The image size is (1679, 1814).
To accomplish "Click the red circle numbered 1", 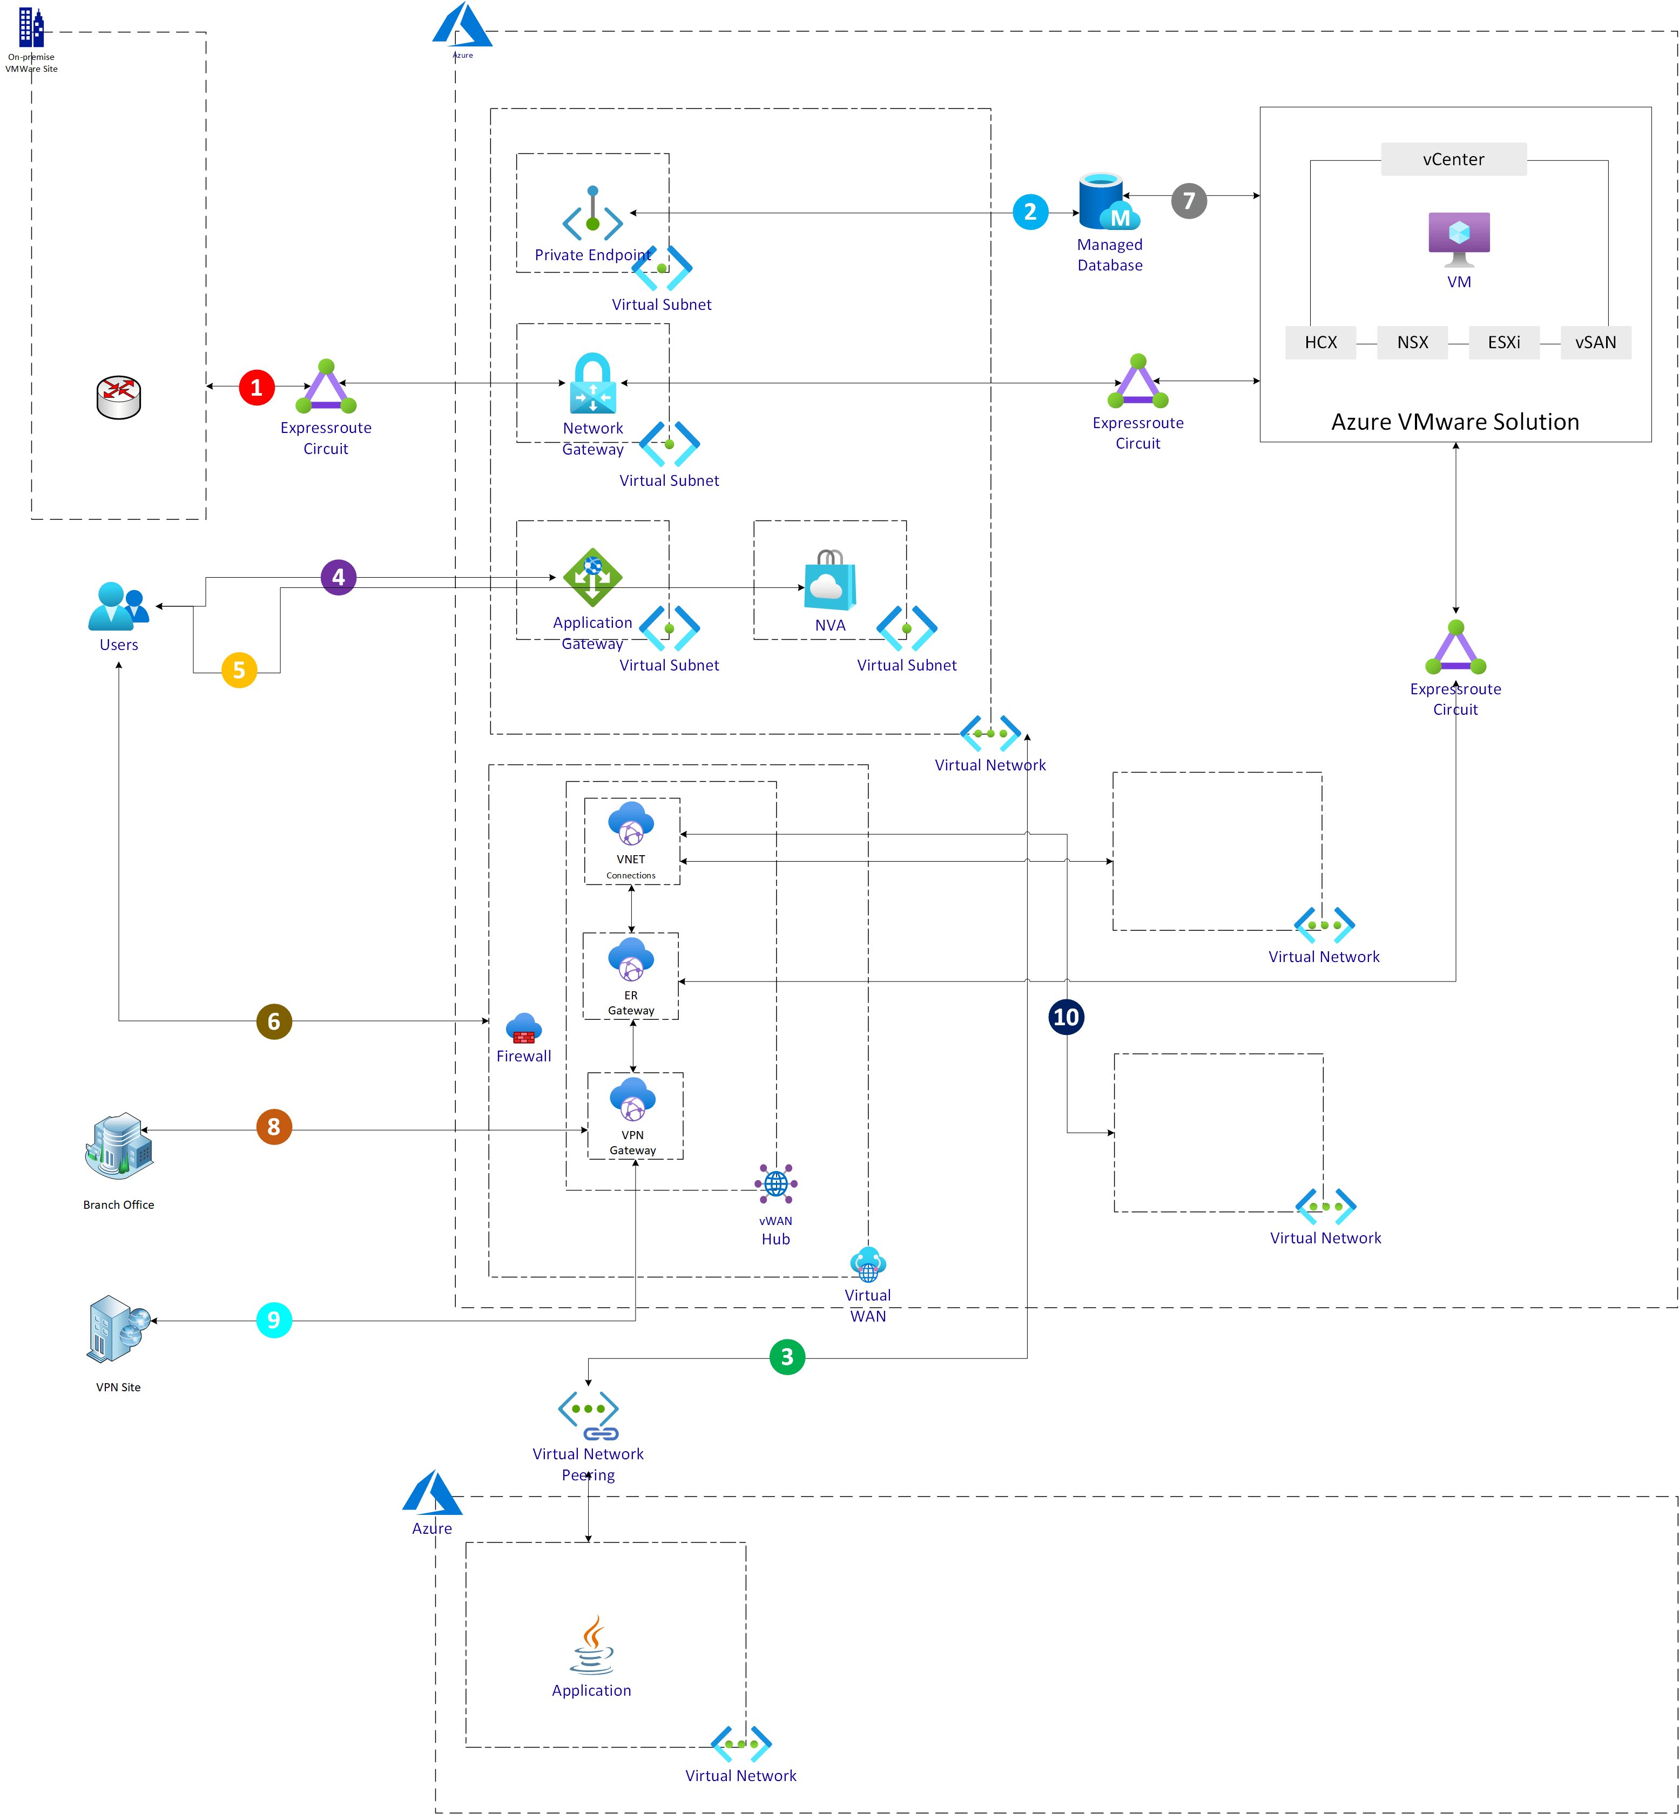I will pyautogui.click(x=256, y=388).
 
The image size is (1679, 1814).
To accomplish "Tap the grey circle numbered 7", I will pyautogui.click(x=1189, y=201).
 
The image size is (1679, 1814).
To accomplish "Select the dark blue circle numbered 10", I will pyautogui.click(x=1066, y=1017).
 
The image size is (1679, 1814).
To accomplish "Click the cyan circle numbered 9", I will pyautogui.click(x=273, y=1320).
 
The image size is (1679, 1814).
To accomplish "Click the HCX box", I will pyautogui.click(x=1320, y=342).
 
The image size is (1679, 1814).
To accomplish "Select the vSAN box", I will pyautogui.click(x=1595, y=342).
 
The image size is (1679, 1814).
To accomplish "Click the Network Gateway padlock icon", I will pyautogui.click(x=592, y=383).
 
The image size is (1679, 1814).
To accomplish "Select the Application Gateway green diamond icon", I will pyautogui.click(x=592, y=577).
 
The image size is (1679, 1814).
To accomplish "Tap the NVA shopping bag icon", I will pyautogui.click(x=830, y=581).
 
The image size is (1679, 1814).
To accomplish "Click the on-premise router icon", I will pyautogui.click(x=119, y=397).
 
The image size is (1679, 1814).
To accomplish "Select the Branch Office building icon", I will pyautogui.click(x=119, y=1146).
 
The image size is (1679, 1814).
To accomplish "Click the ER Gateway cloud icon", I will pyautogui.click(x=631, y=959).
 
